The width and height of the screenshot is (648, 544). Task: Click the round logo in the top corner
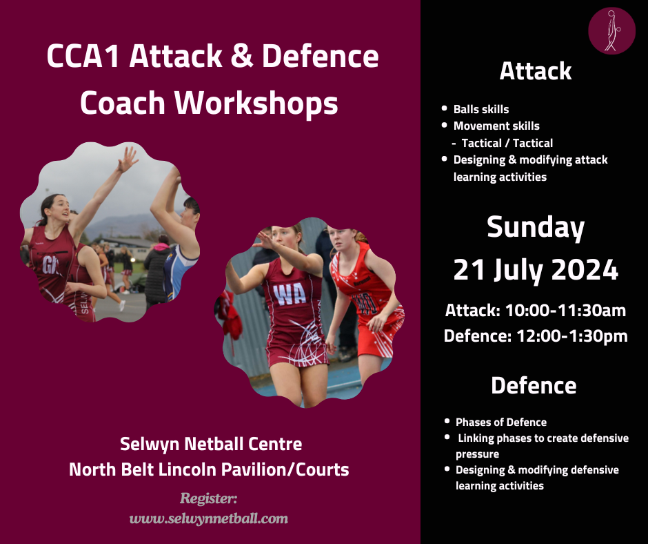(x=611, y=30)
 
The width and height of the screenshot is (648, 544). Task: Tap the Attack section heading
(x=536, y=71)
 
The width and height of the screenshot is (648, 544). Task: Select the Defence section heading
(x=534, y=385)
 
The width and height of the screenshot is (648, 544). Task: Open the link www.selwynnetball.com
(x=209, y=518)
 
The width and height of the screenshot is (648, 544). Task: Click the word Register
(x=208, y=498)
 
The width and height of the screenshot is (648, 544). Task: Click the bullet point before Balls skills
(x=445, y=109)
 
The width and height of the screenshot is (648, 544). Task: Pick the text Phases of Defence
(x=501, y=422)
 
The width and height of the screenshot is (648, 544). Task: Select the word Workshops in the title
(x=256, y=103)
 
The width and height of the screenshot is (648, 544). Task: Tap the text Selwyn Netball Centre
(x=211, y=444)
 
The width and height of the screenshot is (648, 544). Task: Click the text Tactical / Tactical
(x=507, y=143)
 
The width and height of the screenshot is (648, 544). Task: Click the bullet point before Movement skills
(x=445, y=126)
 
